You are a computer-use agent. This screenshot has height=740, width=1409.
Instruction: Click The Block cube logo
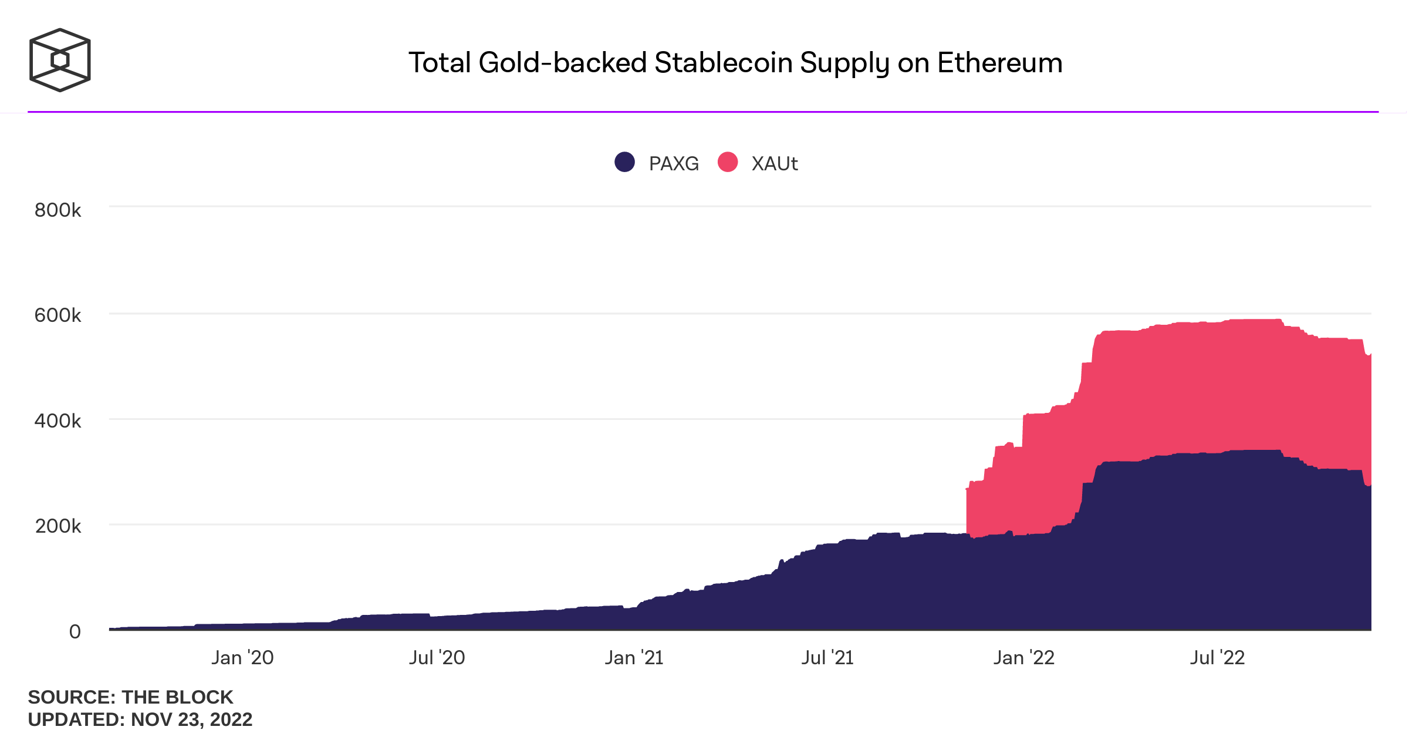[60, 60]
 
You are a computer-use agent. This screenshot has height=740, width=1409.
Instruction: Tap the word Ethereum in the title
[999, 63]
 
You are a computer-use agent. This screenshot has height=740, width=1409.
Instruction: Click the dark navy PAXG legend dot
[624, 162]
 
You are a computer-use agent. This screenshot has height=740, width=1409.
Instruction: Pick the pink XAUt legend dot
[728, 162]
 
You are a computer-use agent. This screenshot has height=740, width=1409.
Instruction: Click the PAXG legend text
[674, 163]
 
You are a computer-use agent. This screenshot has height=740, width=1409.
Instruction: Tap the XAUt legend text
[775, 163]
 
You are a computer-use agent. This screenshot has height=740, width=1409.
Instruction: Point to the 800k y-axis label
[58, 210]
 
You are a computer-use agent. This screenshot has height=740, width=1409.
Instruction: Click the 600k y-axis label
[58, 315]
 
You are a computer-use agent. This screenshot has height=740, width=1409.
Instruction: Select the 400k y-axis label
[58, 421]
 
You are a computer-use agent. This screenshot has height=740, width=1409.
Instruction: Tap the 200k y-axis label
[58, 526]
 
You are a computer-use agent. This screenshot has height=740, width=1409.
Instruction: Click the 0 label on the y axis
[75, 631]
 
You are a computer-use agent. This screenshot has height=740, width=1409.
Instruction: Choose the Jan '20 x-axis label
[242, 658]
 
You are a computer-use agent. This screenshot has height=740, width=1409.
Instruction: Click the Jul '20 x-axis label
[437, 658]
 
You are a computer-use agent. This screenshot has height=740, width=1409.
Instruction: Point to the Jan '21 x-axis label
[634, 658]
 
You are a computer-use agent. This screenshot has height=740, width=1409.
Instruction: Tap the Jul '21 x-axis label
[827, 658]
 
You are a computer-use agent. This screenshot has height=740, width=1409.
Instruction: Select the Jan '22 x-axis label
[1023, 658]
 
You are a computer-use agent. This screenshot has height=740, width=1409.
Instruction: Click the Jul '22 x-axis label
[1217, 658]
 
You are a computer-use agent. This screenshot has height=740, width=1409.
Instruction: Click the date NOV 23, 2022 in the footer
[191, 719]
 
